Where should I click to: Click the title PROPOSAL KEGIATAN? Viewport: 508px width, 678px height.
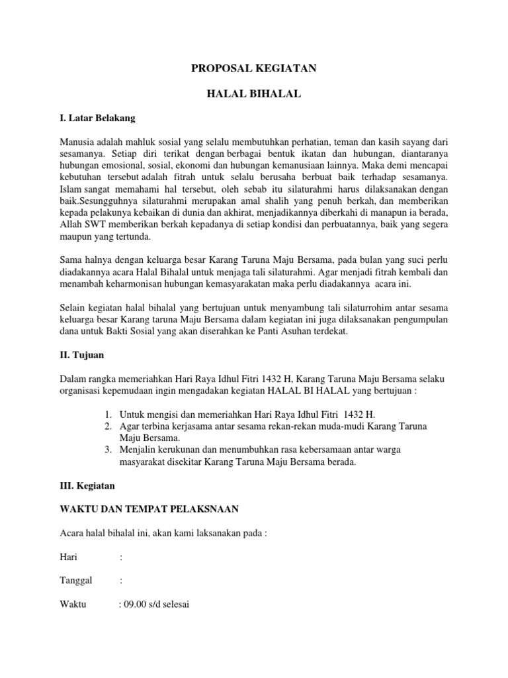click(x=253, y=68)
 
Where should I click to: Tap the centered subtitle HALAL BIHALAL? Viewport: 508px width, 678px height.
click(x=254, y=95)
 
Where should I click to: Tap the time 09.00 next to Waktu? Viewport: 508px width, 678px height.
click(x=134, y=605)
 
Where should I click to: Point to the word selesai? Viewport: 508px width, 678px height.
click(x=174, y=605)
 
